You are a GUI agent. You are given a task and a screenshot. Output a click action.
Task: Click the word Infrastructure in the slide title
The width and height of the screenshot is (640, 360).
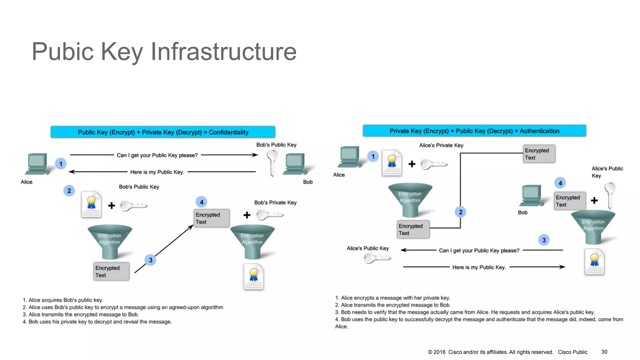pyautogui.click(x=223, y=52)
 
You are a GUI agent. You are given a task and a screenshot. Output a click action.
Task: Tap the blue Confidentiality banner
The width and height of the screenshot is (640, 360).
pyautogui.click(x=163, y=132)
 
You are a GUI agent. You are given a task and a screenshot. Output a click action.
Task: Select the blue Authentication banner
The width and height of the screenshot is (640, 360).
pyautogui.click(x=474, y=131)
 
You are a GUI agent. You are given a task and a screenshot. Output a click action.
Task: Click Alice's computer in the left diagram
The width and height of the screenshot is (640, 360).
pyautogui.click(x=37, y=164)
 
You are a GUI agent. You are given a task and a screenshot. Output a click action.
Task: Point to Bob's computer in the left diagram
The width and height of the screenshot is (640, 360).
pyautogui.click(x=295, y=164)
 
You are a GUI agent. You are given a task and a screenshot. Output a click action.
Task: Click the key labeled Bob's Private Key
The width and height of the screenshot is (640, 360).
pyautogui.click(x=269, y=215)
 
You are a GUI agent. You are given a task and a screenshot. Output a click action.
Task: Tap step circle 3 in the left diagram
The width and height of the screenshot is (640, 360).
pyautogui.click(x=151, y=260)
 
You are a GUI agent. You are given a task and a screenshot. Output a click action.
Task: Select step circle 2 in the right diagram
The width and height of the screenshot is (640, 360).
pyautogui.click(x=460, y=212)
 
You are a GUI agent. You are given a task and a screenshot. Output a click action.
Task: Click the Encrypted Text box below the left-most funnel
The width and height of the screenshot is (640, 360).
pyautogui.click(x=111, y=272)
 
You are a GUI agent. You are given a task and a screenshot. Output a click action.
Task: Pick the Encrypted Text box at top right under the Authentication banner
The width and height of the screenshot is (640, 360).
pyautogui.click(x=539, y=154)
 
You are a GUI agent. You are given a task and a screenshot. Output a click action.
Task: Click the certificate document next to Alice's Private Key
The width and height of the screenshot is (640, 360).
pyautogui.click(x=392, y=163)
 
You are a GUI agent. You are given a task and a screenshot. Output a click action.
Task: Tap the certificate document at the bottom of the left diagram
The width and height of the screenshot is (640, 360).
pyautogui.click(x=254, y=277)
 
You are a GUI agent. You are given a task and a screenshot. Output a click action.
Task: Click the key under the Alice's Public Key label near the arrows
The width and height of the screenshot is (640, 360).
pyautogui.click(x=377, y=258)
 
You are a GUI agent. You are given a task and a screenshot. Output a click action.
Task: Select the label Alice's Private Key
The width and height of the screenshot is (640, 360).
pyautogui.click(x=441, y=145)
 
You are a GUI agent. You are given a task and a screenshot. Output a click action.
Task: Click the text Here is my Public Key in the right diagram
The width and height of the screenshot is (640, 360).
pyautogui.click(x=479, y=267)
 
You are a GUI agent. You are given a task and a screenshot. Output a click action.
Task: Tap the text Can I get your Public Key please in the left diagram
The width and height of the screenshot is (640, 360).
pyautogui.click(x=157, y=155)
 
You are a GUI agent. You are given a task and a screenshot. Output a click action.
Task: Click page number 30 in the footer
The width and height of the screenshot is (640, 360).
pyautogui.click(x=604, y=352)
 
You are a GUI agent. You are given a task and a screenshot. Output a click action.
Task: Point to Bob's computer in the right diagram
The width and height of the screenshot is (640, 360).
pyautogui.click(x=531, y=196)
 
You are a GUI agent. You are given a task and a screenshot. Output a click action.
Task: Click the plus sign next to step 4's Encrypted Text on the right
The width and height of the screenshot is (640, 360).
pyautogui.click(x=594, y=201)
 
